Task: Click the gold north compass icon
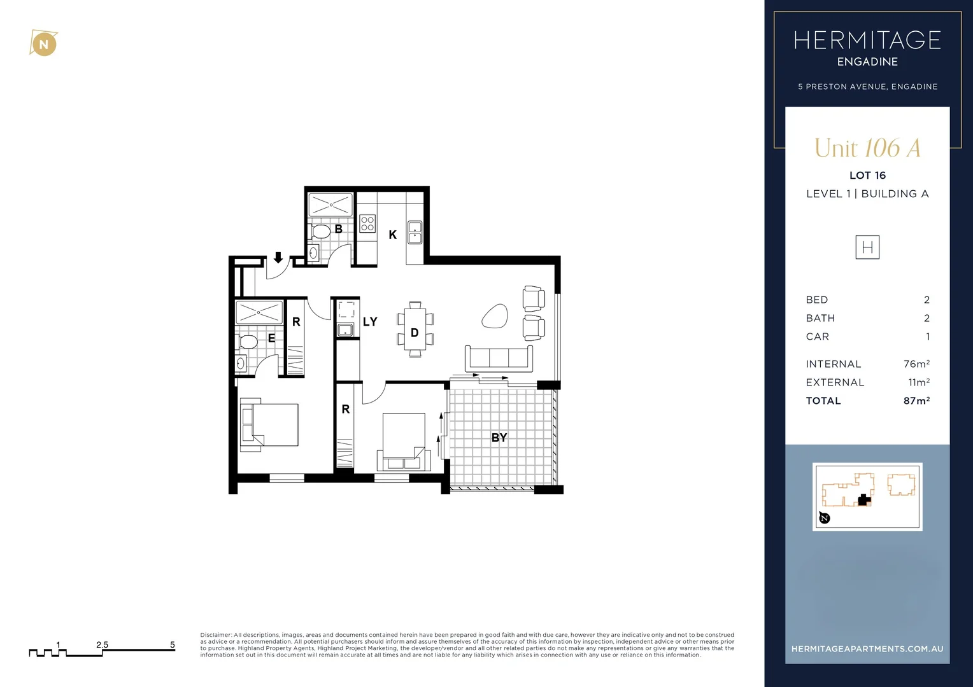43,44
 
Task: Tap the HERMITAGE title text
867,41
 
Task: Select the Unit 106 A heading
867,148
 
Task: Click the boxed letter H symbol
867,247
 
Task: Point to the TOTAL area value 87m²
916,401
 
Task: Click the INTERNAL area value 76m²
916,364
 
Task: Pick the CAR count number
927,337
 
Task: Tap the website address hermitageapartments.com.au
867,649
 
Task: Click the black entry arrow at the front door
278,258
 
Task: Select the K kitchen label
392,235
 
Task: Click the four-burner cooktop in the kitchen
367,223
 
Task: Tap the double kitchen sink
415,232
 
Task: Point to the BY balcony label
499,438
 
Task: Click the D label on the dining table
415,333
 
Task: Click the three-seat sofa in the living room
499,359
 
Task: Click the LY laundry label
370,322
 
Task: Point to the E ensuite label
271,338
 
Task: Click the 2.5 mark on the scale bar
102,645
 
